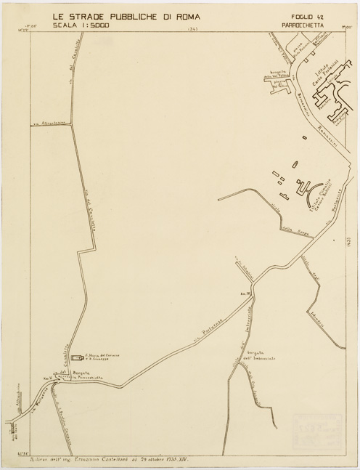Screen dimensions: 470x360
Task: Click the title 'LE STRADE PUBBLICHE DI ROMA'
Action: [x=128, y=15]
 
